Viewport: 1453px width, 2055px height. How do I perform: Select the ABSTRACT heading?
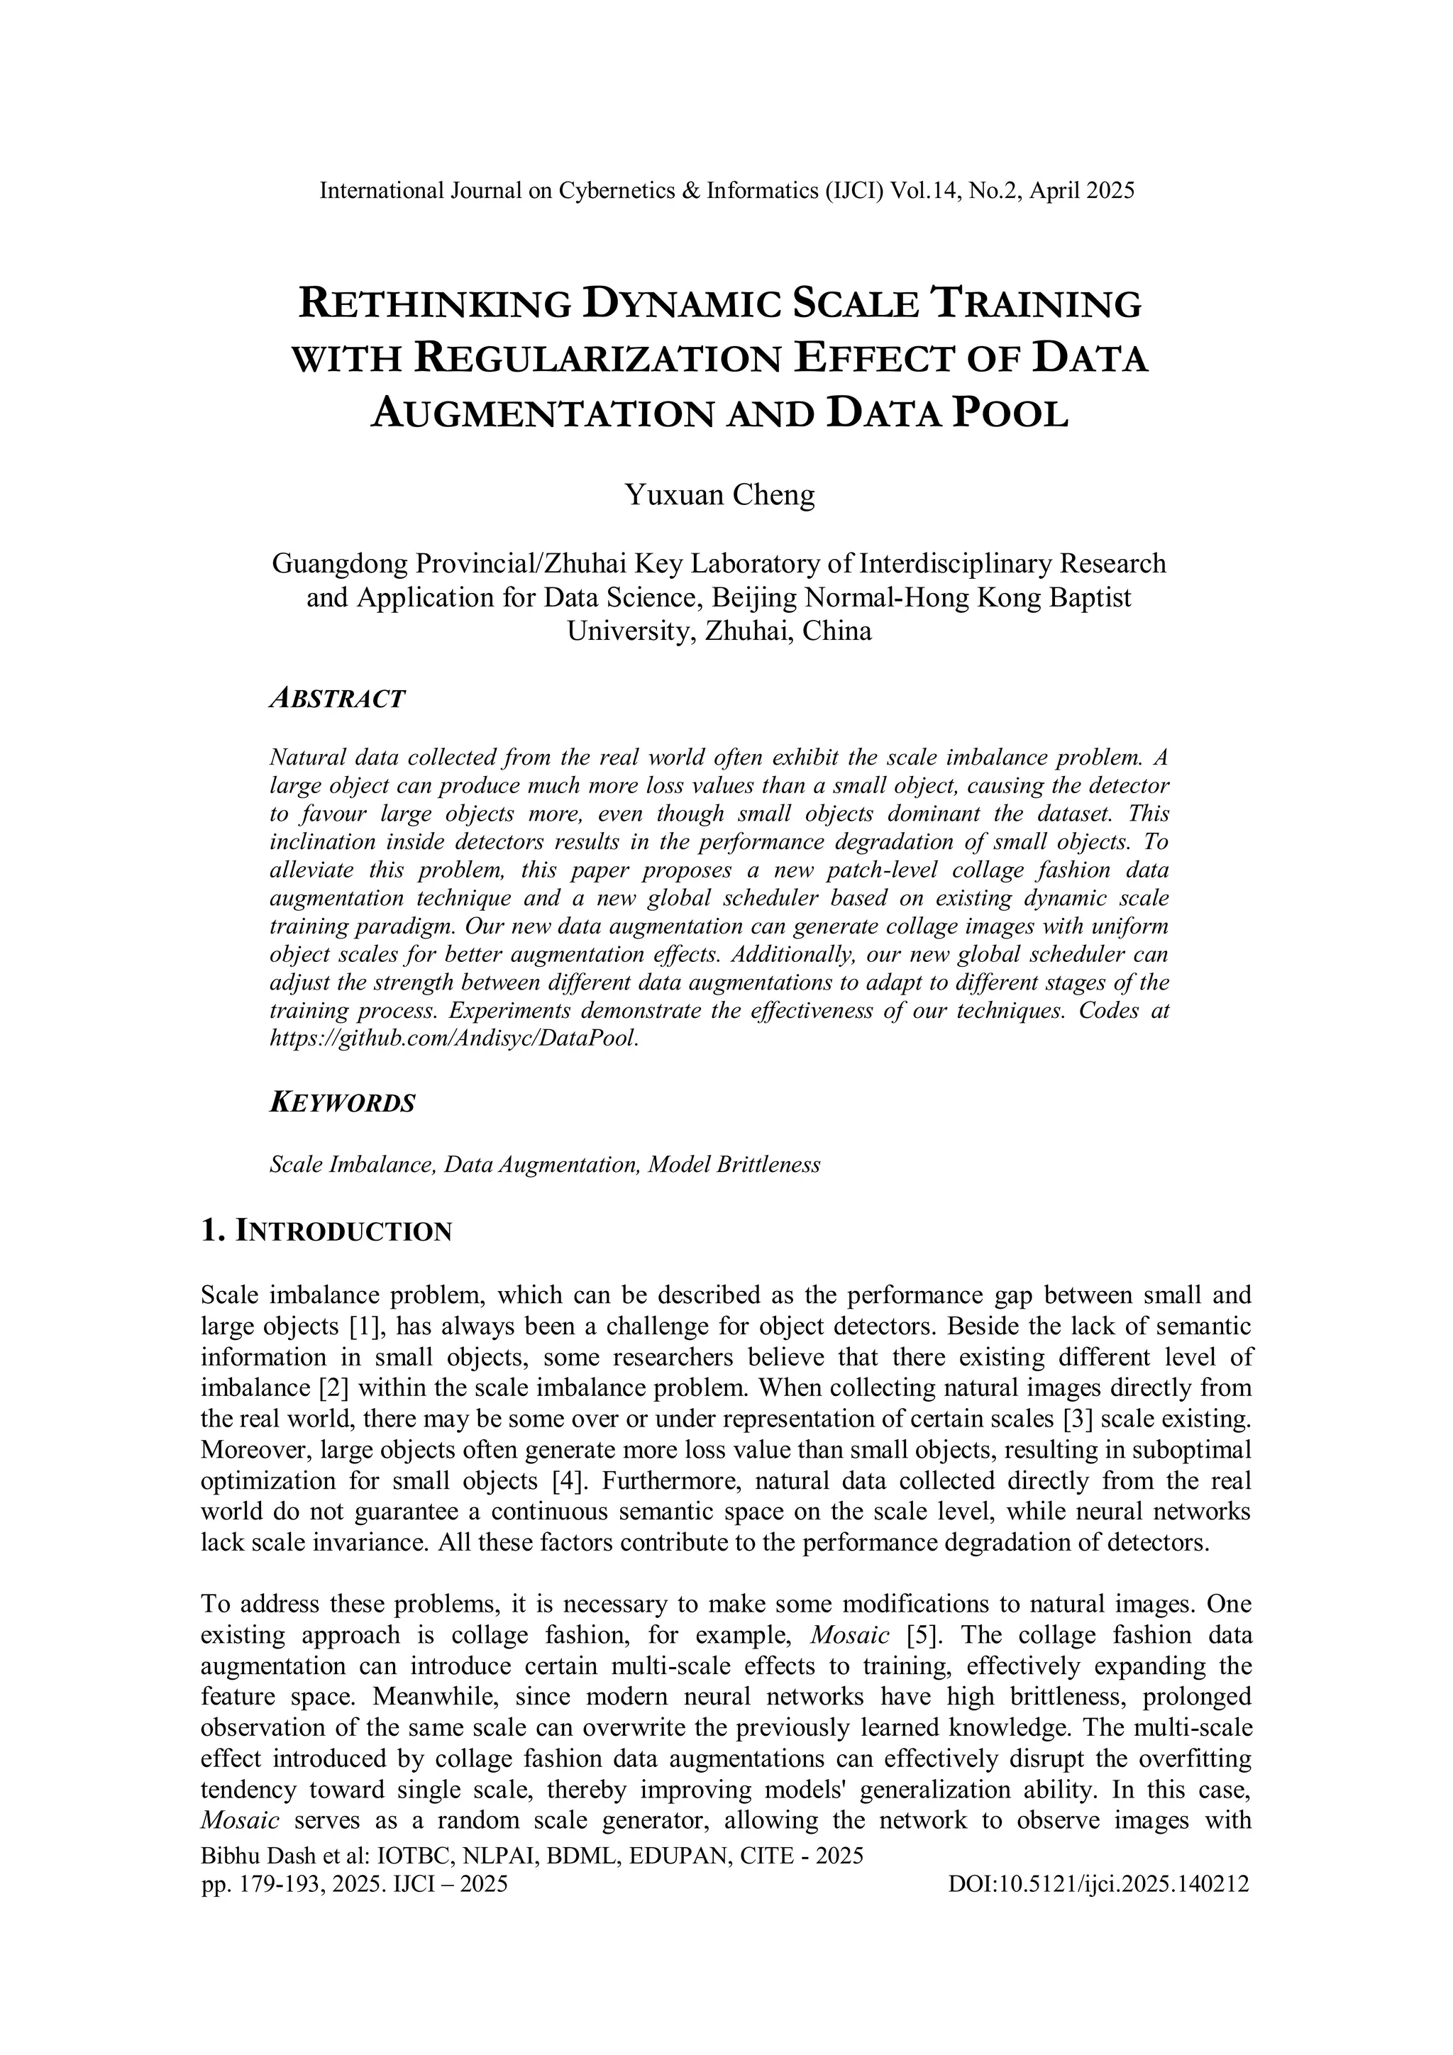pos(338,699)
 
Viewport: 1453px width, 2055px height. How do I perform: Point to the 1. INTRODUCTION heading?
pos(327,1231)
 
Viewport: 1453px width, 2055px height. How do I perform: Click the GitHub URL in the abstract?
pos(455,1039)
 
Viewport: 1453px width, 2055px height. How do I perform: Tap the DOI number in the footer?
pos(1098,1884)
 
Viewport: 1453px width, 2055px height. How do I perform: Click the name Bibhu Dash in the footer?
pos(252,1856)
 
